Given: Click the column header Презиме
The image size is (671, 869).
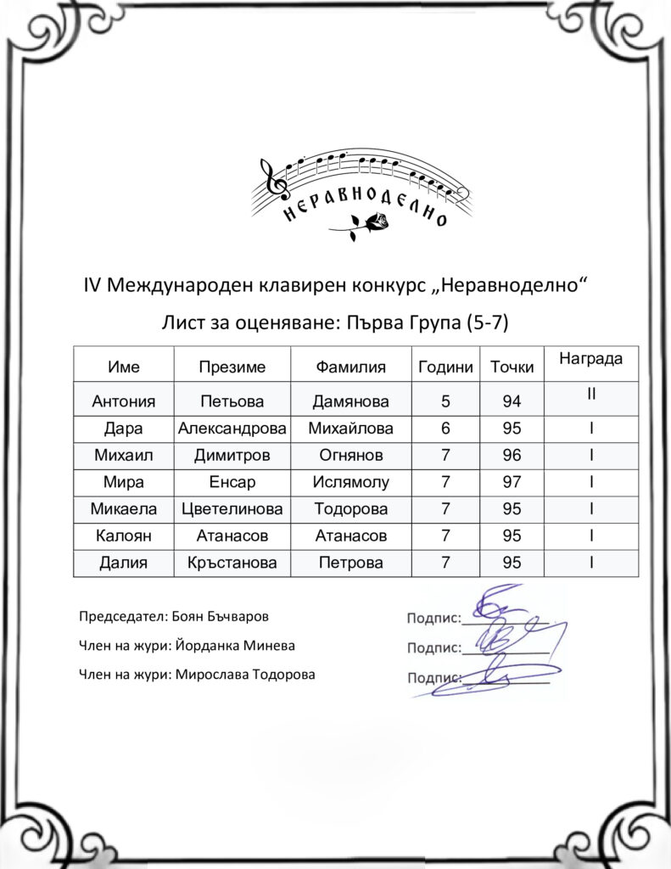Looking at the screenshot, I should coord(232,367).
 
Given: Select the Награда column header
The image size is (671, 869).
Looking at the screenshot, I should coord(591,359).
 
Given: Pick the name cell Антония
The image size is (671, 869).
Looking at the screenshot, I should coord(124,401).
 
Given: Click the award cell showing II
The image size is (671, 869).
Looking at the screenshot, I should coord(591,394).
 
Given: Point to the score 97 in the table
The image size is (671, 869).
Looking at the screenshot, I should coord(512,483).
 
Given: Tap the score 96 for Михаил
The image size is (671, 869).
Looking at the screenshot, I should coord(512,456).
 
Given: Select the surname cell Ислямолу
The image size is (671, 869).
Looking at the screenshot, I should coord(350,483).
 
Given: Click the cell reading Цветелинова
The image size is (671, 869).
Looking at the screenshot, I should coord(232,509).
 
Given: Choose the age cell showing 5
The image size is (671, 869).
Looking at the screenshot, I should coord(445,401).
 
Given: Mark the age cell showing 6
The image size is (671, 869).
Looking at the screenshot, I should coord(445,429).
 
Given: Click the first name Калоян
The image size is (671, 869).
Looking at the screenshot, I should coord(124,535).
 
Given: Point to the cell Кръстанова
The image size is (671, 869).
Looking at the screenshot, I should coord(232,563).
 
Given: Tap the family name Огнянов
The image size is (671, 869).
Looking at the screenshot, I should coord(350,456).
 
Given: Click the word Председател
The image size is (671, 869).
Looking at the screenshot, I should coord(117,617).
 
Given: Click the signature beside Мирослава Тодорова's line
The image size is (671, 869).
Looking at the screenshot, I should coord(496,676).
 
